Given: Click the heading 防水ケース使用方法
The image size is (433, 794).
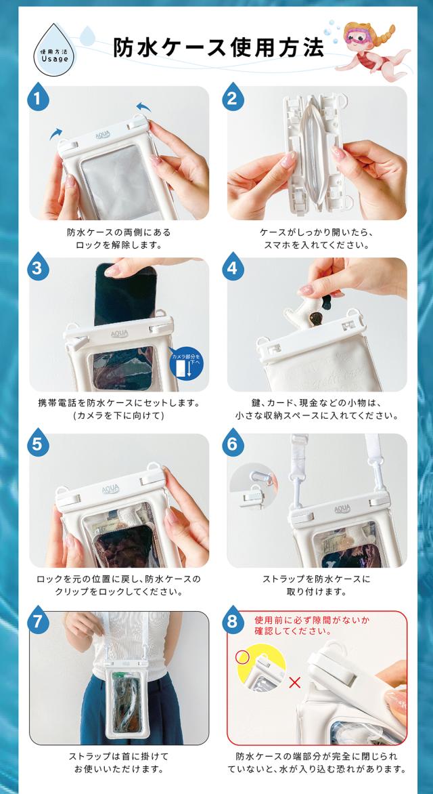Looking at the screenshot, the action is coord(218,47).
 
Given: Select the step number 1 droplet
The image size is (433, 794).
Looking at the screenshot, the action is coord(39,97).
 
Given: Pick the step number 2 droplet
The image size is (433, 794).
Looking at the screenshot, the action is coord(233,97).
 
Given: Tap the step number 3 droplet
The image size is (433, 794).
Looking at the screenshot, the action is coord(39,267).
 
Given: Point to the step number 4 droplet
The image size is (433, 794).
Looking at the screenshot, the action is coord(233,267).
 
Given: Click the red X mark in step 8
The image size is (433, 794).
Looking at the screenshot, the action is coord(294,683).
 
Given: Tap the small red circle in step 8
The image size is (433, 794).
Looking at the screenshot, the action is coord(243,657).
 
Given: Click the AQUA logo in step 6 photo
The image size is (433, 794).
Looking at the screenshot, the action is coord(342,509).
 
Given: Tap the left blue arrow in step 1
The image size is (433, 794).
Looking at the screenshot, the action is coord(55,133).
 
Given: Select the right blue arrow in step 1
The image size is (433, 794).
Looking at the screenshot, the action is coord(143,107).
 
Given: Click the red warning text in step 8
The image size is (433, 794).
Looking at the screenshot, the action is coord(294,625).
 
